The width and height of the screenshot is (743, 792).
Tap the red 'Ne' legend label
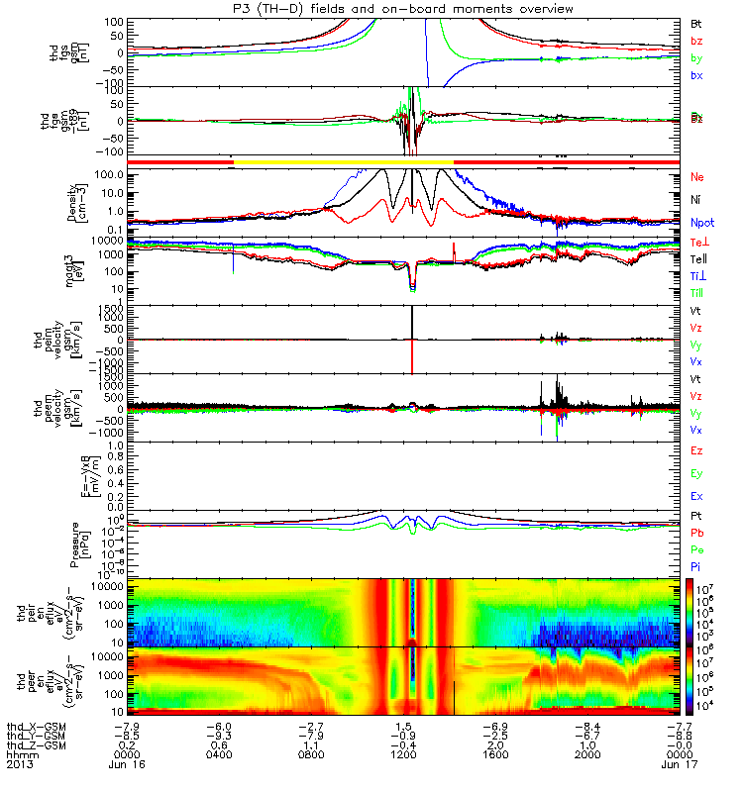[x=696, y=177]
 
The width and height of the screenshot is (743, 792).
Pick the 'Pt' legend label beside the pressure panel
[x=695, y=517]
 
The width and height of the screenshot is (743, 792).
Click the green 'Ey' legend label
[x=696, y=474]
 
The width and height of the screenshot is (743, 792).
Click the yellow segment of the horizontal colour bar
[x=342, y=160]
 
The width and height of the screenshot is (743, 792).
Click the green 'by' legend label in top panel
[x=696, y=58]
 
